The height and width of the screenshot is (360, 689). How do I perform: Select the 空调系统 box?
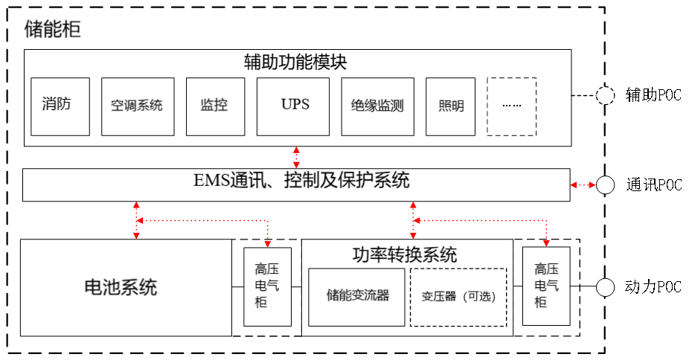(137, 106)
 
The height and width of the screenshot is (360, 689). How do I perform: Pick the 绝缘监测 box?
(377, 106)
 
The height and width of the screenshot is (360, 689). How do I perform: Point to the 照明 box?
(451, 106)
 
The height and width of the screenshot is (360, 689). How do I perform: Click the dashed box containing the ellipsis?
(511, 106)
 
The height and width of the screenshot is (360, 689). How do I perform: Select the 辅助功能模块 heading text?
(296, 61)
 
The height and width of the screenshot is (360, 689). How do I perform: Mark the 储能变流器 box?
(357, 295)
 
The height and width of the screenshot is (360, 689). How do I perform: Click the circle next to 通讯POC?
(605, 184)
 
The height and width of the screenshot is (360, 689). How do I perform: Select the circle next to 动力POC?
(605, 287)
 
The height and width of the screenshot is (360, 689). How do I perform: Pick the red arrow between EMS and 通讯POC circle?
(583, 184)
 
